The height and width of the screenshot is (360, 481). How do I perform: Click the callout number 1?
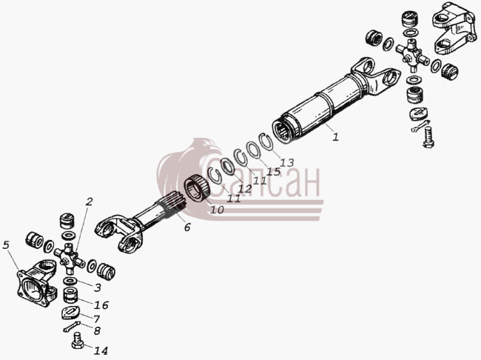[x=336, y=137]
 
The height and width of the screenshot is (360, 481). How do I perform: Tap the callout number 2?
[x=89, y=201]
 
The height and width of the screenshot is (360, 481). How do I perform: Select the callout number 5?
[x=6, y=244]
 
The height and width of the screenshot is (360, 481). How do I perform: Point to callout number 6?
[x=187, y=227]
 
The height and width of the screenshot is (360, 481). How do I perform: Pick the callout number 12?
[x=245, y=189]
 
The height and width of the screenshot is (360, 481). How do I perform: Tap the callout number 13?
[x=286, y=162]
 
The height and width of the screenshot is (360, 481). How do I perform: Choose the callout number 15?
[x=273, y=171]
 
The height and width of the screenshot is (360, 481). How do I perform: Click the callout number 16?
[x=101, y=305]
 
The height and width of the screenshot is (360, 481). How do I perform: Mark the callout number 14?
[x=101, y=350]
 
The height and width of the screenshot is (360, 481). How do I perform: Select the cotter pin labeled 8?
[x=72, y=326]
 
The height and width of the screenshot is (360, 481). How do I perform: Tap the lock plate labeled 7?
[x=70, y=313]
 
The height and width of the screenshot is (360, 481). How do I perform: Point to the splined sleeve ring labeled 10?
[x=197, y=189]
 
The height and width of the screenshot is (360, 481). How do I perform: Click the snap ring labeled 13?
[x=266, y=142]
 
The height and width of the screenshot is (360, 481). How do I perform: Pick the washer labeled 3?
[x=70, y=281]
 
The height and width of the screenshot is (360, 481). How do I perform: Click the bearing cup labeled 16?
[x=70, y=296]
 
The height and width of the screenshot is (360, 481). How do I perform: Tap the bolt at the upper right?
[x=428, y=137]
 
